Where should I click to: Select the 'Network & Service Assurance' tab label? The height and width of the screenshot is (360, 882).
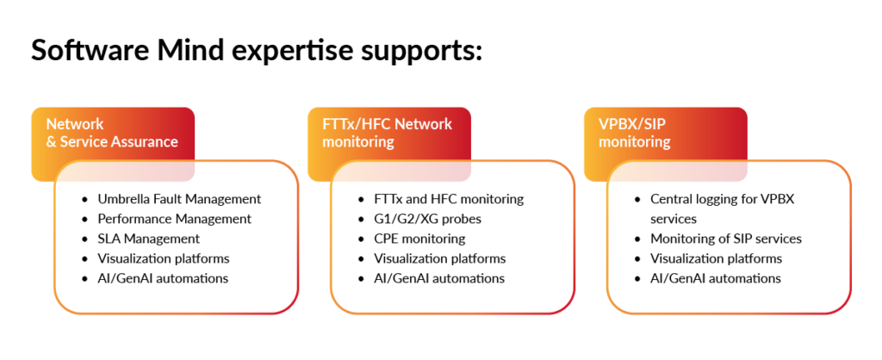(x=112, y=133)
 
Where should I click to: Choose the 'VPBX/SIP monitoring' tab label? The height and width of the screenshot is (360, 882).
(x=635, y=133)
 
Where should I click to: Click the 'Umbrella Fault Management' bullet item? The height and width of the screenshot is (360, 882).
(x=179, y=199)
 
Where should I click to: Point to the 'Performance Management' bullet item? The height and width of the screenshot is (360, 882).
(x=174, y=219)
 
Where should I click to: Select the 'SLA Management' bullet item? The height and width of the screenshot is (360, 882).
(x=148, y=239)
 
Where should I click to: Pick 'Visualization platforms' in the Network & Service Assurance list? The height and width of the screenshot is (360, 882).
(x=163, y=258)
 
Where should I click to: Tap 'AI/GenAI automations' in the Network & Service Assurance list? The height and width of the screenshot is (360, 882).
(x=163, y=278)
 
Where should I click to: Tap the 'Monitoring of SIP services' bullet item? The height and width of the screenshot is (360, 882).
(x=725, y=239)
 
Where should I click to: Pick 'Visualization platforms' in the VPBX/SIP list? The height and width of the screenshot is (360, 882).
(x=716, y=258)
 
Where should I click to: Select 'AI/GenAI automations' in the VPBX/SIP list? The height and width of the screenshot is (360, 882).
(x=715, y=278)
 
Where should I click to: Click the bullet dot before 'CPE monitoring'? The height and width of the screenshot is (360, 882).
(x=362, y=239)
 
